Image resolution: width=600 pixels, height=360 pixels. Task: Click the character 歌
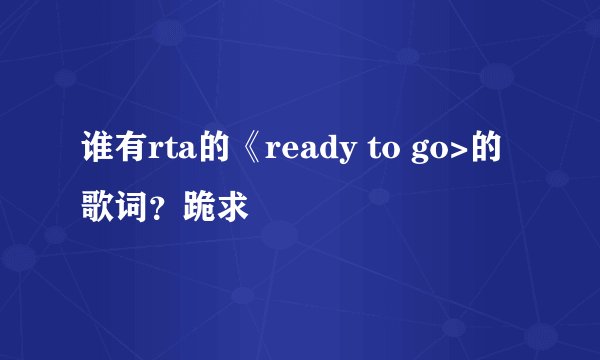coord(97,208)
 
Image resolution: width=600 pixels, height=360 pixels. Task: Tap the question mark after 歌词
coord(155,210)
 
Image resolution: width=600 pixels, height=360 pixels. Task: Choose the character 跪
coord(196,208)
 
